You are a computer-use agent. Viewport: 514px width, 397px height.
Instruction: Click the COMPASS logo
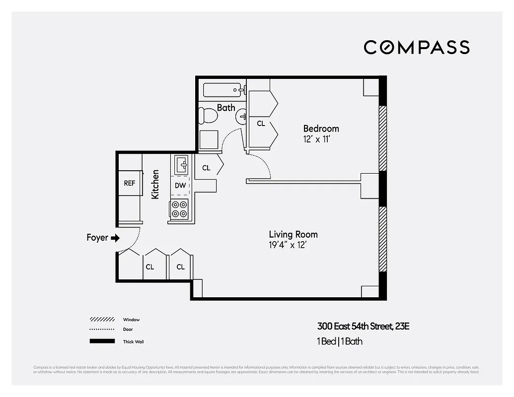coord(416,47)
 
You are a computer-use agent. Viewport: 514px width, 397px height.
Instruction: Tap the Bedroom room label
coord(321,129)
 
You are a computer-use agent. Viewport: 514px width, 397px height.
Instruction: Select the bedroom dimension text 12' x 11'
coord(317,139)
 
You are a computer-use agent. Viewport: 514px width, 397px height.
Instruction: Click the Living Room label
coord(293,234)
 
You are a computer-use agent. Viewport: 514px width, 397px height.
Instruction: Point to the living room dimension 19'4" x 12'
coord(291,245)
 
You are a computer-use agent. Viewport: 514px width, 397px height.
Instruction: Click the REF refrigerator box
coord(129,183)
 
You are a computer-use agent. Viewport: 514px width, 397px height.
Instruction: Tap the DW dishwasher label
coord(180,186)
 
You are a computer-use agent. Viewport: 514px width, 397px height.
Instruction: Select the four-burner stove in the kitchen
coord(179,209)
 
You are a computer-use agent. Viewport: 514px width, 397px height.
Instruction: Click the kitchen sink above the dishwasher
coord(181,164)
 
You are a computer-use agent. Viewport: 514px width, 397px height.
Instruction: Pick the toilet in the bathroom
coord(208,117)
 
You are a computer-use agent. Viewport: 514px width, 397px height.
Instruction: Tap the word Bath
coord(226,107)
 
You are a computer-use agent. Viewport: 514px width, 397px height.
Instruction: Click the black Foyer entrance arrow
coord(115,238)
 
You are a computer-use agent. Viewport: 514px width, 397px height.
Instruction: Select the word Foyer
coord(97,238)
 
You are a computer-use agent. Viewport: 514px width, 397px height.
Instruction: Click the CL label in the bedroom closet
coord(261,124)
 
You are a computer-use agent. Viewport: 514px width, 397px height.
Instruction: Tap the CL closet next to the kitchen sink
coord(206,168)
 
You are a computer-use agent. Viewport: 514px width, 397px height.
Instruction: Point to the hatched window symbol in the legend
coord(102,320)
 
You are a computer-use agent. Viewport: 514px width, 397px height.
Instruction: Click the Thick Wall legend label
coord(134,341)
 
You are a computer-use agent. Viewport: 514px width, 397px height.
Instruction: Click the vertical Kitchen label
coord(155,185)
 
